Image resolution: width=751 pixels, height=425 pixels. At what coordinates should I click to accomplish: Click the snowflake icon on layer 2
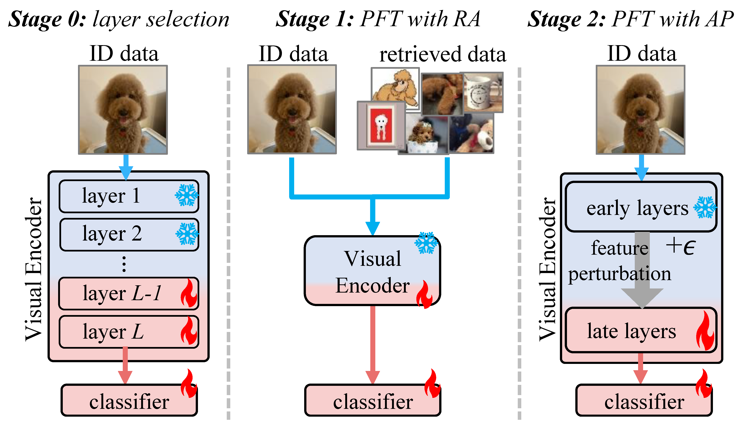coord(187,233)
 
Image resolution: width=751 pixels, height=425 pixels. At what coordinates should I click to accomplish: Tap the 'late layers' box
coord(641,330)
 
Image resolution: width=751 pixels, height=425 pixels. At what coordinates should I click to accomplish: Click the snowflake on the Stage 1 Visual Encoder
coord(426,243)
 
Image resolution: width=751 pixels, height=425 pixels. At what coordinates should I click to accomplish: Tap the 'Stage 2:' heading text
coord(566,19)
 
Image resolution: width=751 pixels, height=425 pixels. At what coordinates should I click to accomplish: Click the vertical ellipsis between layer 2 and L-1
coord(124,264)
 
